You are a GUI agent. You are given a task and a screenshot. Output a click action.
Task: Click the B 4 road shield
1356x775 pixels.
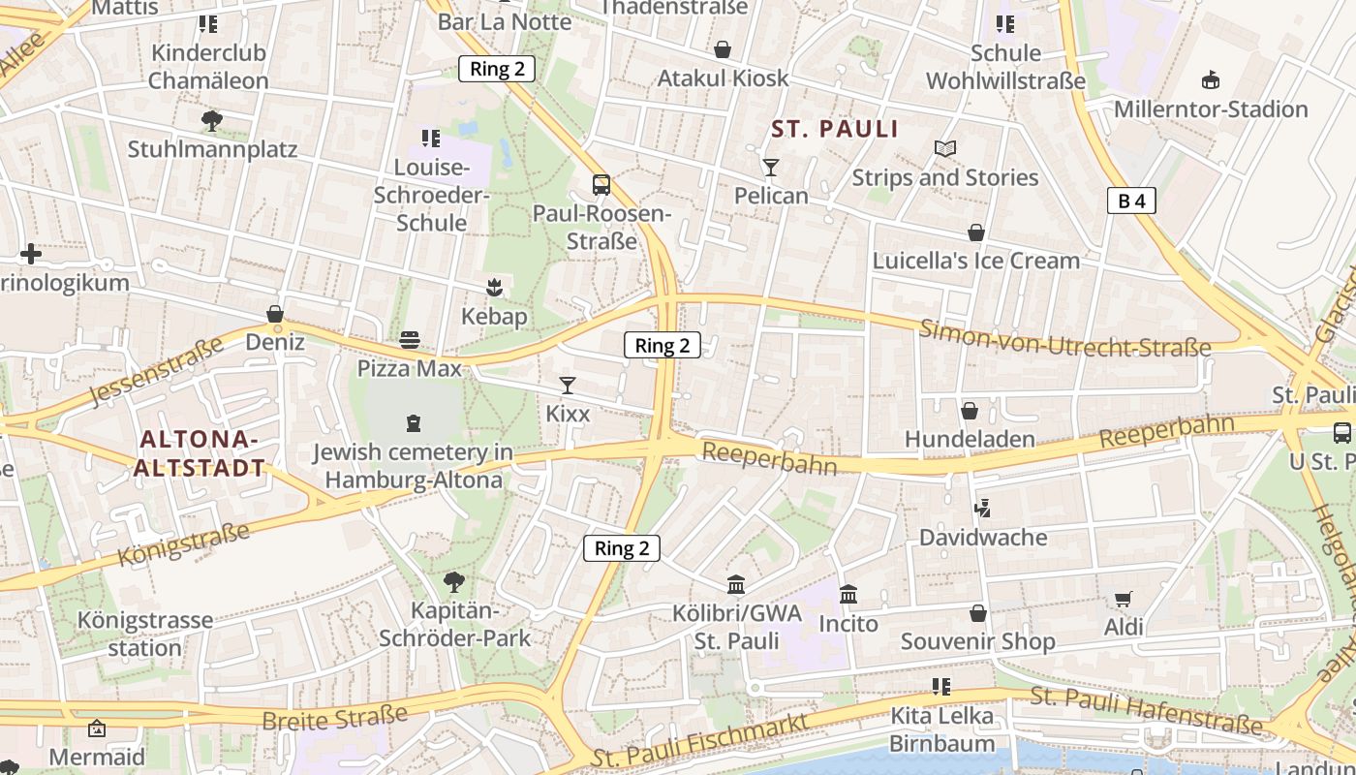(1131, 201)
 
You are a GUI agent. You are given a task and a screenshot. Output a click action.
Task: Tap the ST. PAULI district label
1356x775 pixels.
(835, 129)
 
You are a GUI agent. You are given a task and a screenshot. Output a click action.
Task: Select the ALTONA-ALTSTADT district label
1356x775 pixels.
(200, 453)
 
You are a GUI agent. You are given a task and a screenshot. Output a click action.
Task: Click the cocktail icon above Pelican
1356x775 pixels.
(770, 168)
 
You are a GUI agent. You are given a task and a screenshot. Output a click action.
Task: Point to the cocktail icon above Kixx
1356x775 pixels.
(568, 386)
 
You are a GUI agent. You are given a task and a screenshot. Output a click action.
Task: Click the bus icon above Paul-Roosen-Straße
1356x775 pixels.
(601, 184)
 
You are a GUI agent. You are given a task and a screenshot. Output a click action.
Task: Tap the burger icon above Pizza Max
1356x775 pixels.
(410, 340)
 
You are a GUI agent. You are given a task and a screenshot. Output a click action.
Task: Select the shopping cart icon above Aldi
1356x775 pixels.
(1123, 600)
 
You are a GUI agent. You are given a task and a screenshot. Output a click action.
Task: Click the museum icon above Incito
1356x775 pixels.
(848, 595)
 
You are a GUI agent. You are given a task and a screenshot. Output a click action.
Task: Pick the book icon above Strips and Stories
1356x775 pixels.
(945, 148)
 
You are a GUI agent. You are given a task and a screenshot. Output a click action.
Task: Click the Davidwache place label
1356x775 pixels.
(983, 537)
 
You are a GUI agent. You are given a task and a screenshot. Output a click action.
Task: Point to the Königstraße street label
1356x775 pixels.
(184, 543)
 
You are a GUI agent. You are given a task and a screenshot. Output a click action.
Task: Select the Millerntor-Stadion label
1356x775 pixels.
(1211, 108)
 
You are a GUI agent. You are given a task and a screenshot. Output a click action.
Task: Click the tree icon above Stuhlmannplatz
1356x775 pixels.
(212, 121)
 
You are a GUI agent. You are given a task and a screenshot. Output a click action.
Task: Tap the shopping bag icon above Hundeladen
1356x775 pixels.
(970, 411)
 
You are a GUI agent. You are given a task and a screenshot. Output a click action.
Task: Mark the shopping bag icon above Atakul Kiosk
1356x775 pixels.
(723, 49)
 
